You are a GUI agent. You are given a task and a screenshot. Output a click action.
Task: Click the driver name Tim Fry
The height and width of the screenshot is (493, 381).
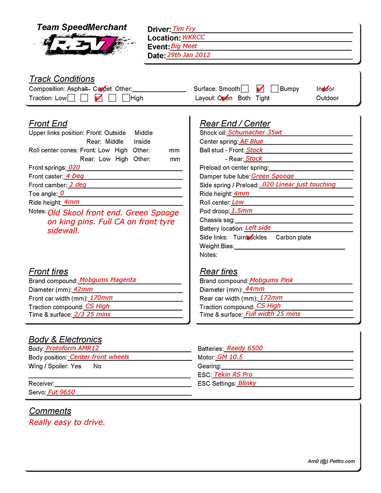184,29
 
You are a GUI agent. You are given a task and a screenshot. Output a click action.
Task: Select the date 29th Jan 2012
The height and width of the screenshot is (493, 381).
188,55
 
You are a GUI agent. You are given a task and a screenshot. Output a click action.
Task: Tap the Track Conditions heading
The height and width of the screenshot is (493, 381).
62,79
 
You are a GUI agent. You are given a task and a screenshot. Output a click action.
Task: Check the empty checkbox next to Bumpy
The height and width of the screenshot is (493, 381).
274,89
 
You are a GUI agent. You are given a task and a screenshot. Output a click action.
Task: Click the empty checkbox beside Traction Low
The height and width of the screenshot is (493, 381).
71,98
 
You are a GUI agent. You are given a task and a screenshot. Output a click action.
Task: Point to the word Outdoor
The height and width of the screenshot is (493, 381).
327,98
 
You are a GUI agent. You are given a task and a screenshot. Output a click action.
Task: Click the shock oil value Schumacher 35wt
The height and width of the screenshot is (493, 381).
255,133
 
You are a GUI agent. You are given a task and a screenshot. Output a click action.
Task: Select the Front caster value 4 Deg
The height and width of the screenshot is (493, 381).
75,176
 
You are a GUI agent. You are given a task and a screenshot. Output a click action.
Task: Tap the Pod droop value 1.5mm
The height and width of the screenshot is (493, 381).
242,211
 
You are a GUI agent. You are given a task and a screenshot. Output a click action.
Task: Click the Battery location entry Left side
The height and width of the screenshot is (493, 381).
258,228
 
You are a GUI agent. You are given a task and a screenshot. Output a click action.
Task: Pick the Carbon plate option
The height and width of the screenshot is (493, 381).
293,238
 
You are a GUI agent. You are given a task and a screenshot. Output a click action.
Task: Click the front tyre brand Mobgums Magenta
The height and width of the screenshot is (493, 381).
108,280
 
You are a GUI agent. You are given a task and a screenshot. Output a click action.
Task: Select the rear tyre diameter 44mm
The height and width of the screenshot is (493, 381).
255,289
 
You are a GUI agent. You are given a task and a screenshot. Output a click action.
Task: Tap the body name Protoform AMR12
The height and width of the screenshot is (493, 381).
72,348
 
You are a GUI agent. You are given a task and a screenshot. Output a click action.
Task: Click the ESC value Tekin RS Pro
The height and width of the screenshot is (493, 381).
233,374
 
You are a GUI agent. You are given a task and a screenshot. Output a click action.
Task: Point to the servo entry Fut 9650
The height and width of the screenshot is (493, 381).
61,392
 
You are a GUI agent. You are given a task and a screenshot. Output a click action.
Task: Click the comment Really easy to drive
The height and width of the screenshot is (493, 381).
67,422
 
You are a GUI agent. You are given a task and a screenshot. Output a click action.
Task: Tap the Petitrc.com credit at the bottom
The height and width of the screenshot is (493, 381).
331,461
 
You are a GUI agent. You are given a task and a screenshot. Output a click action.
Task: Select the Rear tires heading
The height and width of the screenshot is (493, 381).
219,272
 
